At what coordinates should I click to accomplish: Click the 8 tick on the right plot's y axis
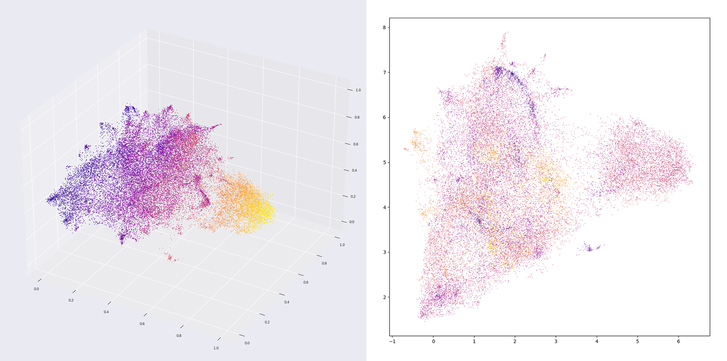(384, 27)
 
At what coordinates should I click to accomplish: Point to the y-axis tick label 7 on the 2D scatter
(384, 72)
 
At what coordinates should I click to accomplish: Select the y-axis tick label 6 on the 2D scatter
(384, 117)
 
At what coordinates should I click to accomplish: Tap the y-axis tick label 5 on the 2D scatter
(384, 162)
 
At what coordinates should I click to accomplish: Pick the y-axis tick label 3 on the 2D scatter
(384, 252)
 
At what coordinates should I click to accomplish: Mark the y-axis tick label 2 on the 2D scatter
(384, 297)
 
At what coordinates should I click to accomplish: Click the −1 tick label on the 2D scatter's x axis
(392, 341)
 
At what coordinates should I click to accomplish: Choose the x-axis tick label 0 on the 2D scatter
(433, 341)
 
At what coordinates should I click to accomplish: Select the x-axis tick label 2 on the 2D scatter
(515, 341)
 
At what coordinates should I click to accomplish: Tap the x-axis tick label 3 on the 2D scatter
(556, 341)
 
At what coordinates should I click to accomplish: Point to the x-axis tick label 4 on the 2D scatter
(596, 341)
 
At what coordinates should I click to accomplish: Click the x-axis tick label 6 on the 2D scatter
(678, 341)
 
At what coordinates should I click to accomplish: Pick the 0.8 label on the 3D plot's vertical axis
(356, 117)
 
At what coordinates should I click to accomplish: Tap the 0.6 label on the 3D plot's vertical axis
(355, 144)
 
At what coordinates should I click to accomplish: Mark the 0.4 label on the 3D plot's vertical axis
(354, 170)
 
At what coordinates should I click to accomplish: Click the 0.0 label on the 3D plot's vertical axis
(352, 221)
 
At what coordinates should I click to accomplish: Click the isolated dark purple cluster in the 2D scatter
(589, 248)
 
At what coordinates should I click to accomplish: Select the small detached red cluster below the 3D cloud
(170, 257)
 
